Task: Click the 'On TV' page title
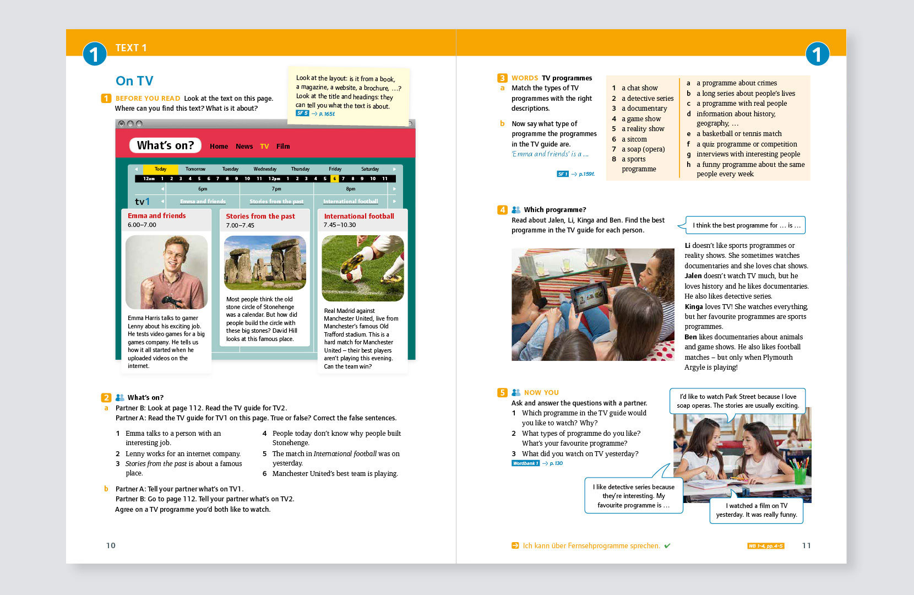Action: coord(134,81)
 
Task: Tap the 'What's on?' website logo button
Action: coord(165,145)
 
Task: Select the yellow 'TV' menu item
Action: coord(264,147)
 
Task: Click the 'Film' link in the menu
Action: coord(283,147)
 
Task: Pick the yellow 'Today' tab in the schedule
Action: coord(160,169)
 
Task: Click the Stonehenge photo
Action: coord(265,263)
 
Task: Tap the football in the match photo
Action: coord(353,272)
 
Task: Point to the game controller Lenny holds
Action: coord(172,301)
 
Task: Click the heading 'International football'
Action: coord(359,217)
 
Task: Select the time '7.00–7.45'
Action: coord(240,225)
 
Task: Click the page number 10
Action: coord(111,545)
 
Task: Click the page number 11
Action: coord(806,545)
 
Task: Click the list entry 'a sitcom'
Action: coord(634,139)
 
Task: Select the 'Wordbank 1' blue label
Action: coord(525,463)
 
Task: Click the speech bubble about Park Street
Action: coord(738,401)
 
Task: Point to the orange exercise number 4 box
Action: coord(502,210)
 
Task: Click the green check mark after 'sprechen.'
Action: coord(667,546)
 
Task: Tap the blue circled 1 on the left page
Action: coord(95,54)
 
